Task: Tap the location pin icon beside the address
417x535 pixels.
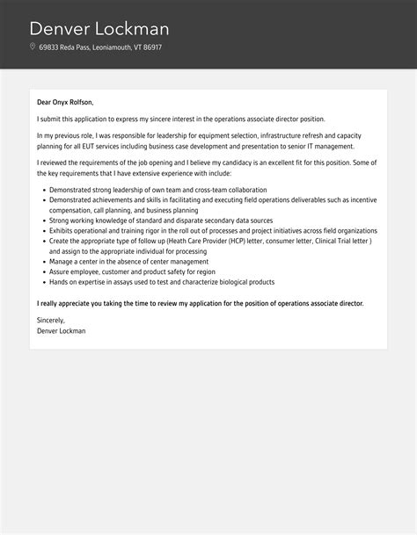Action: tap(33, 47)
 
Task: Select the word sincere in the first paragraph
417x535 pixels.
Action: tap(193, 119)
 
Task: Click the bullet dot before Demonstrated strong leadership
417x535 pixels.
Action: tap(41, 190)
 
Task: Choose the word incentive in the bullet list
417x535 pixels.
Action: tap(359, 200)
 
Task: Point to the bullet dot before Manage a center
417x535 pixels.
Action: tap(41, 262)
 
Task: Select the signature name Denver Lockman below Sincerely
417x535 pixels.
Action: tap(62, 331)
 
